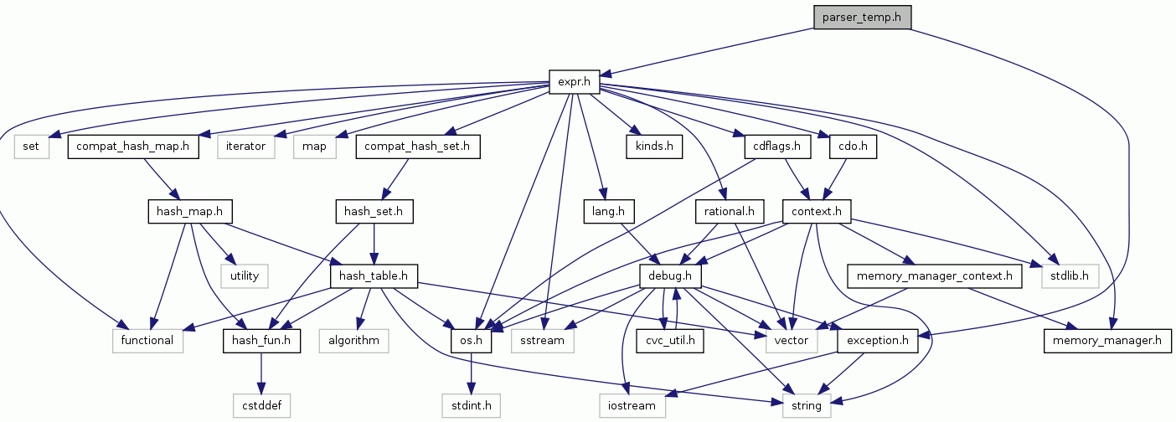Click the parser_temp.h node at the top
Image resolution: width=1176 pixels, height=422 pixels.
[861, 17]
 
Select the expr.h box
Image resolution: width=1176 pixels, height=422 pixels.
[575, 82]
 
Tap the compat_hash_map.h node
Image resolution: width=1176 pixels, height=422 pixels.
[133, 147]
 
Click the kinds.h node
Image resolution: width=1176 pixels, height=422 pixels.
[653, 147]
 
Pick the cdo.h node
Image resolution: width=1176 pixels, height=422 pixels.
[852, 147]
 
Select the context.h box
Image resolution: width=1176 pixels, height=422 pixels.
[817, 212]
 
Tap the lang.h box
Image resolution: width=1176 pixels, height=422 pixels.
[609, 212]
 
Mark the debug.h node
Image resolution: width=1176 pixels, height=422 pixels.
[669, 275]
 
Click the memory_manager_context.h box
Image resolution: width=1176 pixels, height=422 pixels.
[936, 275]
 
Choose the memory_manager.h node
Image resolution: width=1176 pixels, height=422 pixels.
[1107, 340]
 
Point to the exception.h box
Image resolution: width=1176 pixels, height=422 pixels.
[877, 340]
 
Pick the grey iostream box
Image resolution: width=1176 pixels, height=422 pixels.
[632, 405]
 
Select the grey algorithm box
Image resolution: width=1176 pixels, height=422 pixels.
[353, 340]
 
